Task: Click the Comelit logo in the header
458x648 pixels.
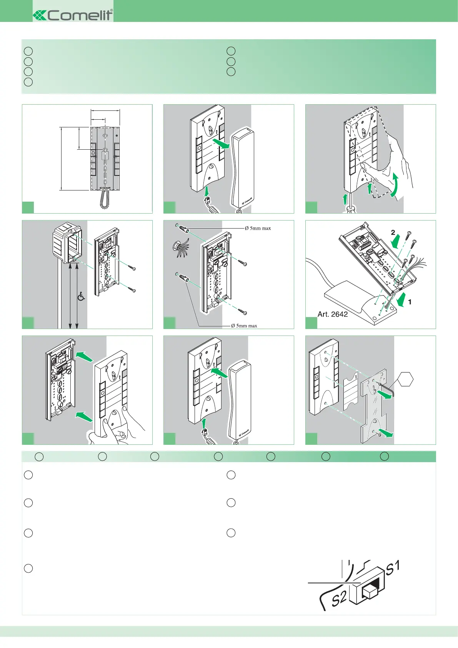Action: pos(73,15)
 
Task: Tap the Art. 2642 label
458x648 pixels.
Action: pos(333,314)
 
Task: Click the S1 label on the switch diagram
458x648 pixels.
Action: pos(393,568)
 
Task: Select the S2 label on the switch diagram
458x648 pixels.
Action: pos(339,599)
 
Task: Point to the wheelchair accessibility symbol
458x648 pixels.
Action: pos(81,296)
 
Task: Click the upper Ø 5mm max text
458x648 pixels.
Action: pos(258,228)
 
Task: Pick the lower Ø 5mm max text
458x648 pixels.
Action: pos(244,326)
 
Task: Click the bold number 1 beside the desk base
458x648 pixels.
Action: pos(410,302)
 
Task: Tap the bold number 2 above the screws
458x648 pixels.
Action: pos(393,232)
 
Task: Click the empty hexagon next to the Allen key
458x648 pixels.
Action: pos(405,380)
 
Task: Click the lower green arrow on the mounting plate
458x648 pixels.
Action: pos(386,433)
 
